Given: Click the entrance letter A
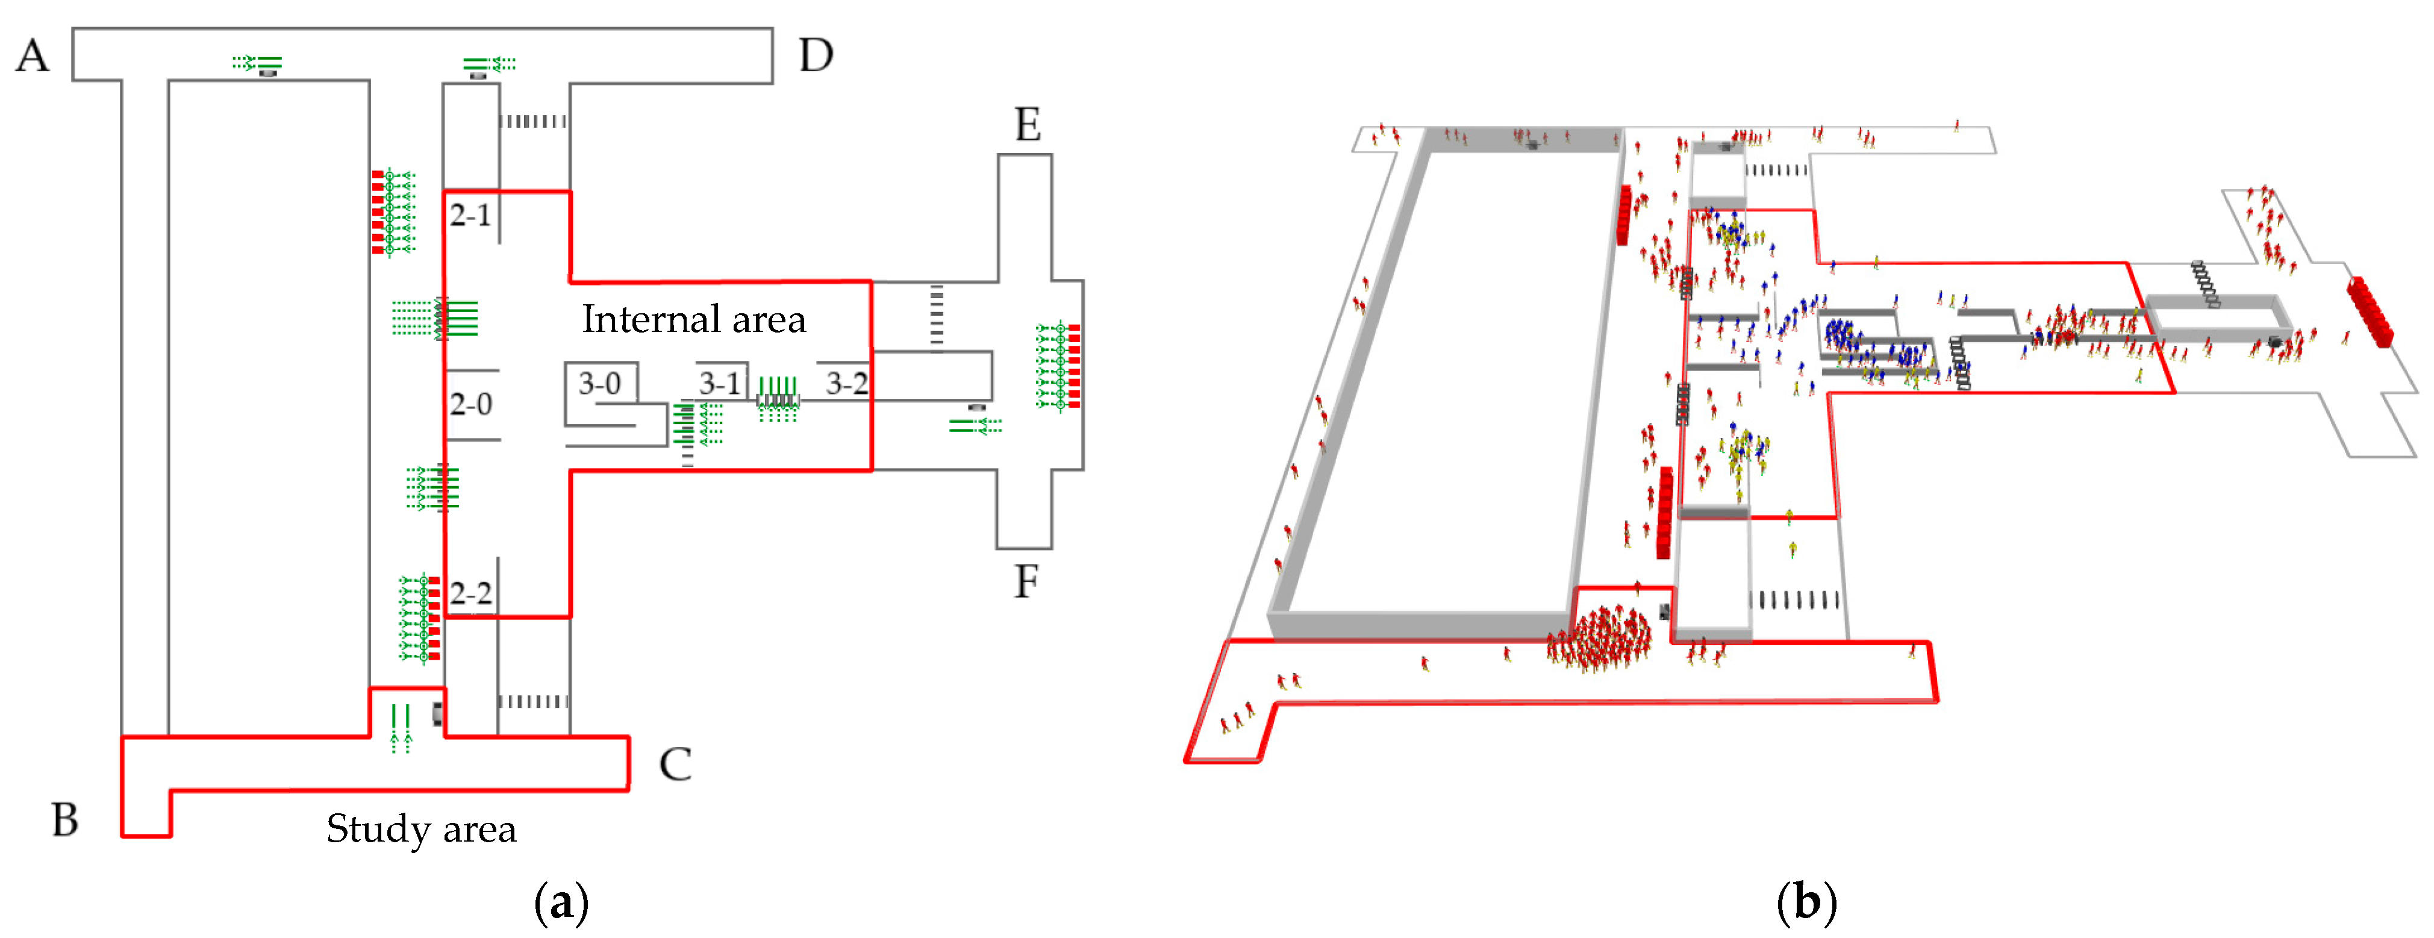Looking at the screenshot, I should click(32, 56).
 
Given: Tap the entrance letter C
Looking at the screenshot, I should click(675, 764).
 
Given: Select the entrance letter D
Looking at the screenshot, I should click(816, 56).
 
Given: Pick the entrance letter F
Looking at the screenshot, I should click(1026, 581).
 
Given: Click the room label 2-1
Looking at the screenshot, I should click(470, 215).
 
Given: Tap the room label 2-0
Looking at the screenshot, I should click(470, 404).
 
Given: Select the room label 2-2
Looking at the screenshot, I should click(470, 593).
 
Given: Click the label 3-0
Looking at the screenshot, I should click(600, 384).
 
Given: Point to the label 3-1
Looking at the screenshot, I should click(720, 384).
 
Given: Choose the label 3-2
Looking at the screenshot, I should click(847, 384).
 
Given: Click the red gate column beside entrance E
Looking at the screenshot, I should click(1075, 366).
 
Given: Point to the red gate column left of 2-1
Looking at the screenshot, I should click(378, 213).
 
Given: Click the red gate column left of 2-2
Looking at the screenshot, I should click(434, 619).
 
